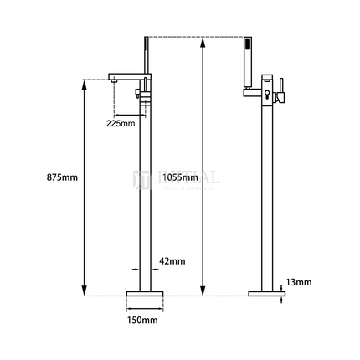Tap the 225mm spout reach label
point(121,124)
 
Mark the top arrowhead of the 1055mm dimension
point(202,39)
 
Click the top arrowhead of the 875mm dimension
point(85,82)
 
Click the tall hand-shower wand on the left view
point(143,59)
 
